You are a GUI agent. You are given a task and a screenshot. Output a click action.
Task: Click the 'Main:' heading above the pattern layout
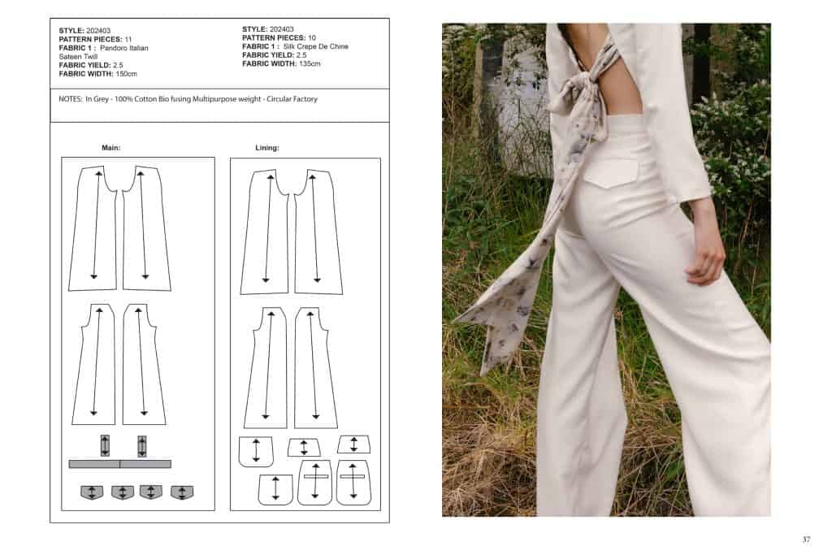(110, 148)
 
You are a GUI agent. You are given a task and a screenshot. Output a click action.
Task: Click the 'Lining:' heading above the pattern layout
(266, 148)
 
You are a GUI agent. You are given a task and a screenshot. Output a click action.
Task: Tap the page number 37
(806, 539)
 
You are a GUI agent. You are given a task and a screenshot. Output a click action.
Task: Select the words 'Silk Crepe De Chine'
(316, 46)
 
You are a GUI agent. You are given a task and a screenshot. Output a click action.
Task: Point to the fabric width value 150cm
(126, 74)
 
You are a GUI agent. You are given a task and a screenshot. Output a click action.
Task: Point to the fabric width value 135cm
(310, 63)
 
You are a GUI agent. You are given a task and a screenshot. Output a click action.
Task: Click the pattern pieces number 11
(128, 39)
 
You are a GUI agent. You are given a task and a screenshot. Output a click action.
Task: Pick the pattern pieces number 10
(311, 37)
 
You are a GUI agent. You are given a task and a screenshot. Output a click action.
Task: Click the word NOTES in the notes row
(70, 99)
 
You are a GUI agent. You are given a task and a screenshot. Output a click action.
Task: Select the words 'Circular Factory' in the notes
(292, 99)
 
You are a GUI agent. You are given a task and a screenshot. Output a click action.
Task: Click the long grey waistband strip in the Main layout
(120, 464)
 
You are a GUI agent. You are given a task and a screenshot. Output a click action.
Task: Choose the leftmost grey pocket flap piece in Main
(91, 492)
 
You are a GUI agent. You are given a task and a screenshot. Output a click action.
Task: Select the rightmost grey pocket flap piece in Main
(182, 492)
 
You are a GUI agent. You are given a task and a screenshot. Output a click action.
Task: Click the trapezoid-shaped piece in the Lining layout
(304, 447)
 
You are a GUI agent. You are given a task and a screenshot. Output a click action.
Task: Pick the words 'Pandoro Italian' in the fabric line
(124, 48)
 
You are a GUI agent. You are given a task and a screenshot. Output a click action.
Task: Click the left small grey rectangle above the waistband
(105, 445)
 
